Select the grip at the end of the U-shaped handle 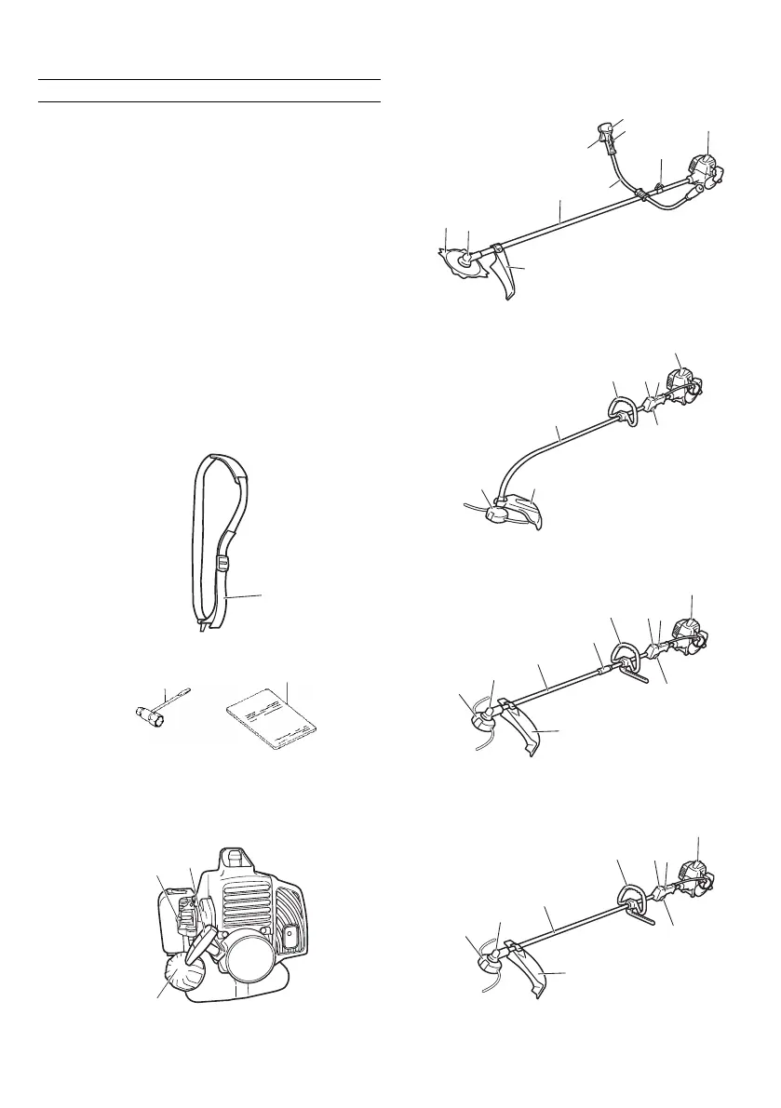point(606,138)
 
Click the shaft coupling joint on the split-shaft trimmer point(603,662)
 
